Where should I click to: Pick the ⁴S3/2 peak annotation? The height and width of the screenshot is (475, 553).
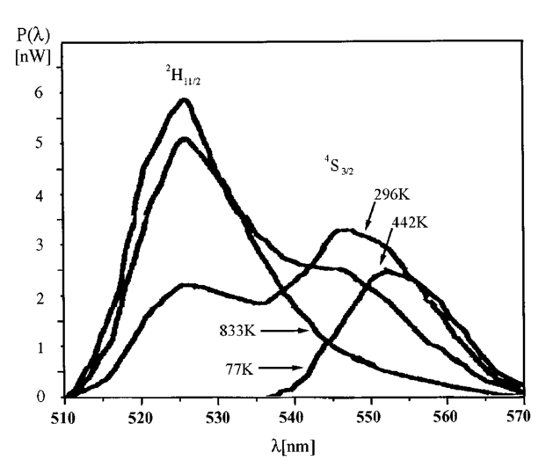point(334,163)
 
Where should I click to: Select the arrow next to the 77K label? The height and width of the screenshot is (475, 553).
point(284,369)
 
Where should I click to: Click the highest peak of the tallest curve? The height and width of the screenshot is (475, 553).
point(185,100)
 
